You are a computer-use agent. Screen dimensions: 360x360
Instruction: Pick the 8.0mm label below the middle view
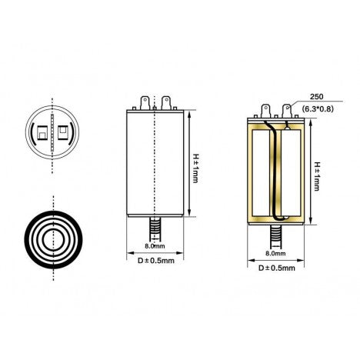pos(154,246)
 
